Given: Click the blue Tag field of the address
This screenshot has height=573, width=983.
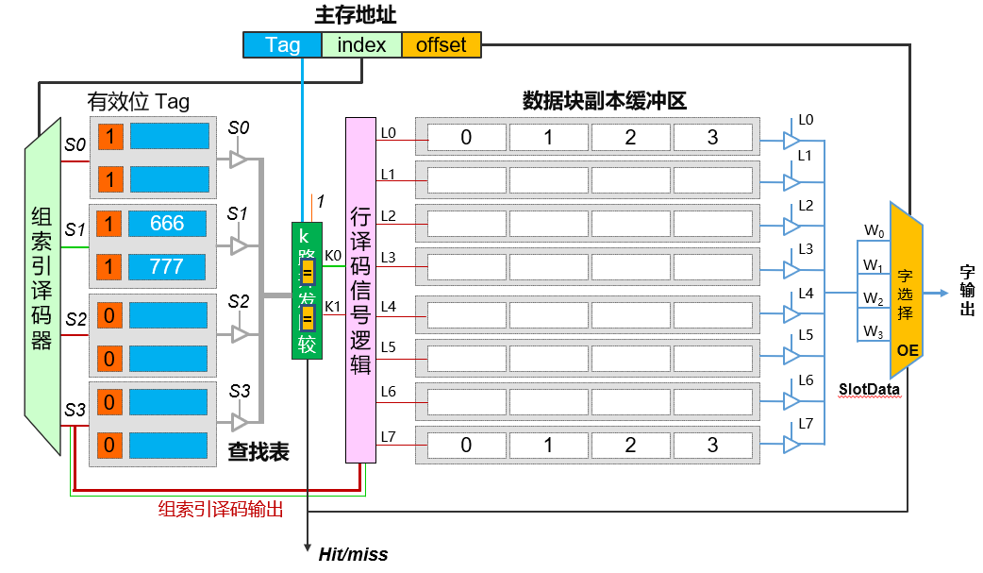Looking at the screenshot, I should (x=282, y=44).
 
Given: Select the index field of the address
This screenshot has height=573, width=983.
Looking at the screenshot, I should (x=361, y=44).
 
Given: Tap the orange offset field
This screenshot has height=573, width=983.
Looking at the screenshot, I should (x=441, y=44).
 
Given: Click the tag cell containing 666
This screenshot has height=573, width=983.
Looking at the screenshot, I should (x=168, y=224).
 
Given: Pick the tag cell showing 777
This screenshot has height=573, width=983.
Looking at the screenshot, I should (x=168, y=266).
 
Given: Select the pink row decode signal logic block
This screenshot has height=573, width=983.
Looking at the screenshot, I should (x=360, y=290).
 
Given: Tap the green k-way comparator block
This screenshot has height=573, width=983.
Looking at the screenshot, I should (x=307, y=290).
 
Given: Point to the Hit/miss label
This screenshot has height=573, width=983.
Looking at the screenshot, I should (x=353, y=554).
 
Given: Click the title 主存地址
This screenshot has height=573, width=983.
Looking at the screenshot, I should (x=355, y=15).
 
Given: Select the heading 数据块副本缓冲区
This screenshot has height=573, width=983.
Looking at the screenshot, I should (x=604, y=101).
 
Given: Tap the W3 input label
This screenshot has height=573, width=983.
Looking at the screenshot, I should (x=874, y=331).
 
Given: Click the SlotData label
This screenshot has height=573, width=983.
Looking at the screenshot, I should (x=869, y=388).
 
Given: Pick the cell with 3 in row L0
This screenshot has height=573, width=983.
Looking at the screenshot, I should (x=712, y=138).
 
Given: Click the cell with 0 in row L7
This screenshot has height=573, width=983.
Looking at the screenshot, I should (x=466, y=445).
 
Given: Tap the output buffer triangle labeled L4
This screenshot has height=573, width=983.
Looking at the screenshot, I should (x=791, y=312).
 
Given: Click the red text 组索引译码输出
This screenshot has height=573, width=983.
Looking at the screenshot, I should (x=221, y=508).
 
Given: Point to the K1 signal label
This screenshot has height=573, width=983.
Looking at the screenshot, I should (x=333, y=306).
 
